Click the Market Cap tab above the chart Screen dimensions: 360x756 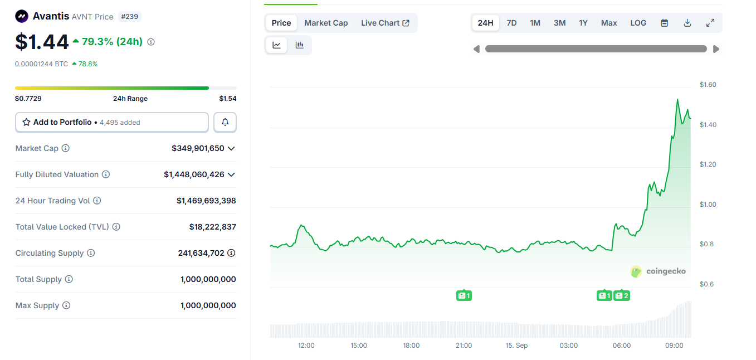tap(326, 23)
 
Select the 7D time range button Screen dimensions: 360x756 tap(511, 23)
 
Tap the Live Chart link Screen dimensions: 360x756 tap(385, 23)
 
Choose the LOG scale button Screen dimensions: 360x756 tap(638, 23)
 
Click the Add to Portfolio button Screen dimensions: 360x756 tap(112, 122)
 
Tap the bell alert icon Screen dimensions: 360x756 tap(225, 122)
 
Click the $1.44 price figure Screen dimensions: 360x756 tap(42, 42)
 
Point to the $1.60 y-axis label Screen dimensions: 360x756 tap(708, 85)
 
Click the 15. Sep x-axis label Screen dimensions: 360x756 tap(516, 346)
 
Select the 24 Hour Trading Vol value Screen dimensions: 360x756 tap(206, 201)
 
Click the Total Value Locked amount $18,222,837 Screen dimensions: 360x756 tap(212, 227)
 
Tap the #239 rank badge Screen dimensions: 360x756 tap(129, 17)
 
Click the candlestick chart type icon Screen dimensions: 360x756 tap(300, 45)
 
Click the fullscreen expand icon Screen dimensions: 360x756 tap(710, 23)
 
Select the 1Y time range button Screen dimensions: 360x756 tap(583, 23)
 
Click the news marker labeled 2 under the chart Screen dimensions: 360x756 tap(622, 295)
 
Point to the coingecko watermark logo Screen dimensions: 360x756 tap(658, 271)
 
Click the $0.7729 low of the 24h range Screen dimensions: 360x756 tap(28, 99)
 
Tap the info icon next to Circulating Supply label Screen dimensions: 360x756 tap(91, 253)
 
